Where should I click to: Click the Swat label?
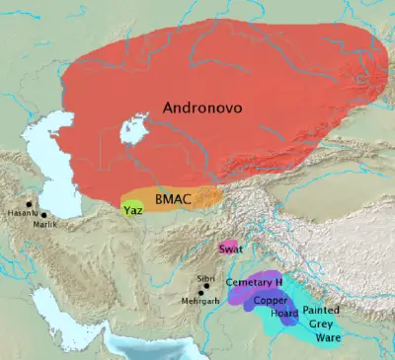click(x=230, y=249)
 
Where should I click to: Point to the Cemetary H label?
click(x=254, y=283)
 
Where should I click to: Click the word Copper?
click(x=271, y=299)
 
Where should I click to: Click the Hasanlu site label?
click(x=23, y=213)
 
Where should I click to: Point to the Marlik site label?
click(x=46, y=225)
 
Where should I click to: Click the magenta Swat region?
click(x=228, y=246)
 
